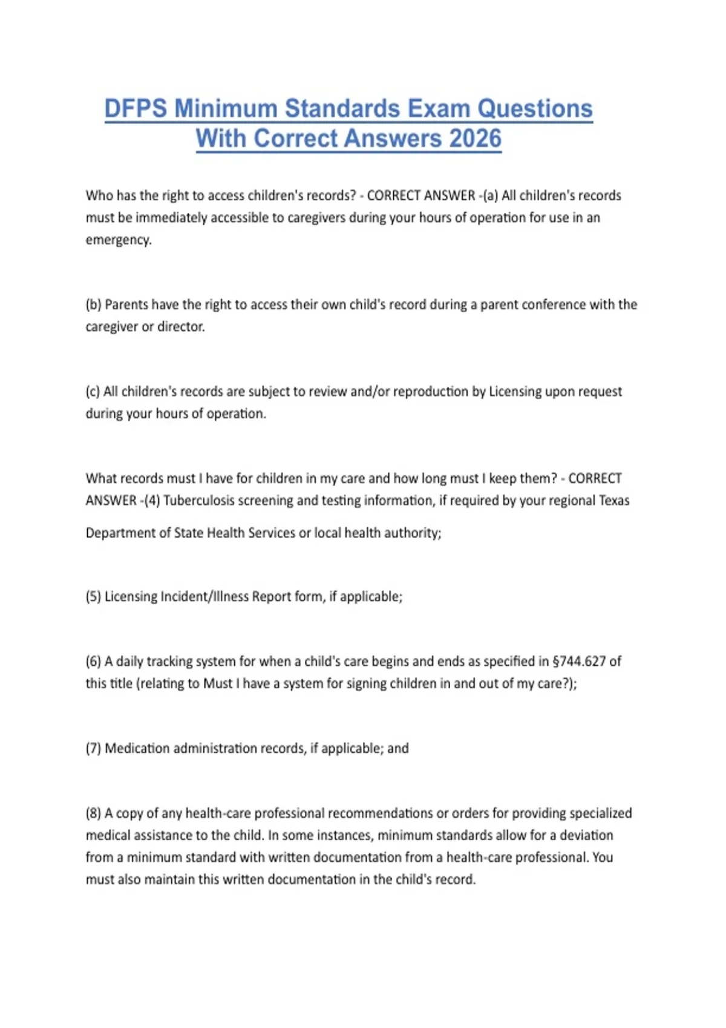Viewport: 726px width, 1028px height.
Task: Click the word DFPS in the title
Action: (136, 109)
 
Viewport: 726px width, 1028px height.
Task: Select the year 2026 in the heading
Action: (476, 138)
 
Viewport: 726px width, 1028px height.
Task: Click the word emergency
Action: (119, 239)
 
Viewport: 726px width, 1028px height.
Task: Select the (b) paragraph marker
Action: (93, 304)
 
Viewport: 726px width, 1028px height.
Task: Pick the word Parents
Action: (126, 304)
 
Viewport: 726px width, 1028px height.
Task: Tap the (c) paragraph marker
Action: (93, 391)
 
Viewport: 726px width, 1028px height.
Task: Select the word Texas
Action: (613, 500)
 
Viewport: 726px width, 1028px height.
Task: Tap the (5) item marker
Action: (93, 596)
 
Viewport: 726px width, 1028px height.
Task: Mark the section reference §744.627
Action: (579, 661)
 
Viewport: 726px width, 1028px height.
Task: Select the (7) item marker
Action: (93, 748)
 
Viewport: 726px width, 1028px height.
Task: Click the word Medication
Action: (137, 748)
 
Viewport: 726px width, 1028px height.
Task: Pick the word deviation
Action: (586, 835)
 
